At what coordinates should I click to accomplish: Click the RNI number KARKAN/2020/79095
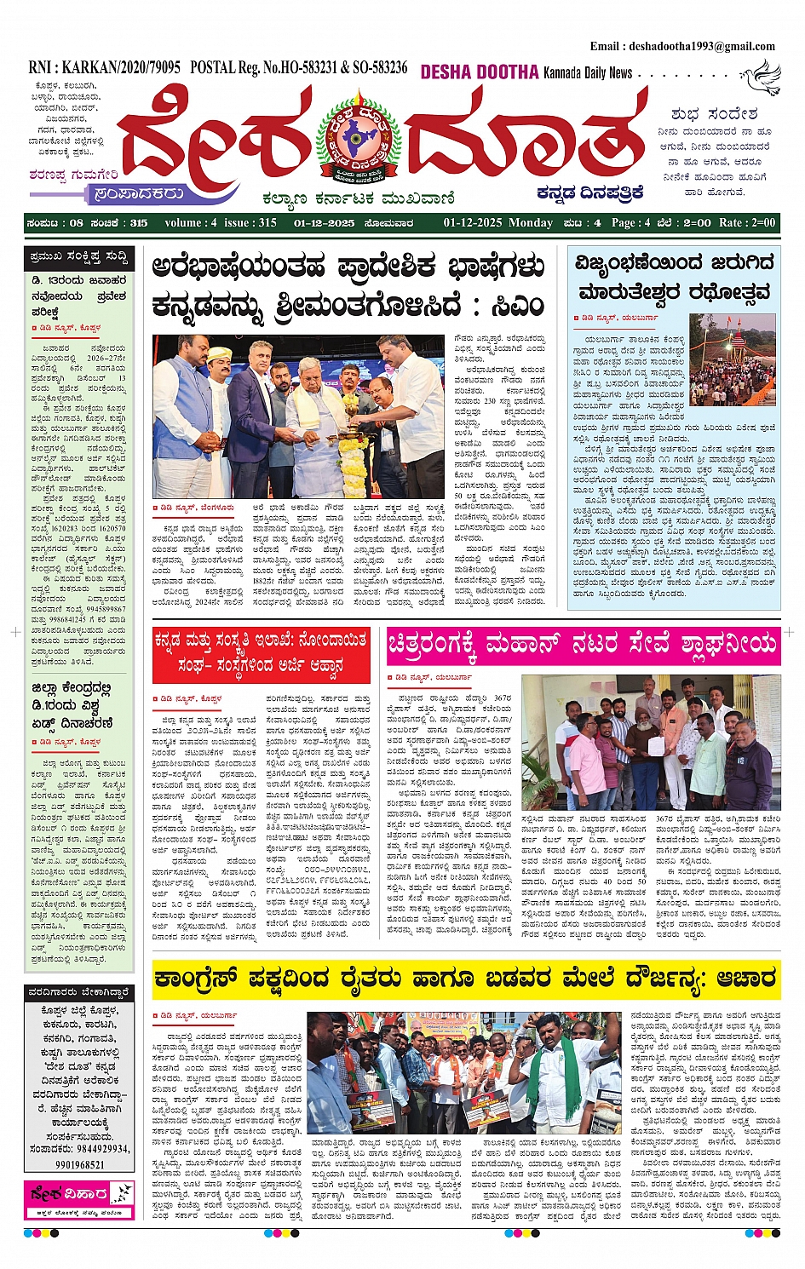[x=105, y=67]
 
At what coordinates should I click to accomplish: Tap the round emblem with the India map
[x=359, y=141]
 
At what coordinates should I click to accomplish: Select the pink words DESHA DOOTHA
[x=480, y=73]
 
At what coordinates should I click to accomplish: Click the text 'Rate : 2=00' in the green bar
[x=747, y=223]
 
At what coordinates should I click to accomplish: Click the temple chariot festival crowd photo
[x=732, y=359]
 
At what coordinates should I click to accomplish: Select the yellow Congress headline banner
[x=464, y=979]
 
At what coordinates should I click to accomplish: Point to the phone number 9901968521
[x=79, y=1164]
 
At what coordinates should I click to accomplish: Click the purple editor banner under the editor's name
[x=141, y=193]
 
